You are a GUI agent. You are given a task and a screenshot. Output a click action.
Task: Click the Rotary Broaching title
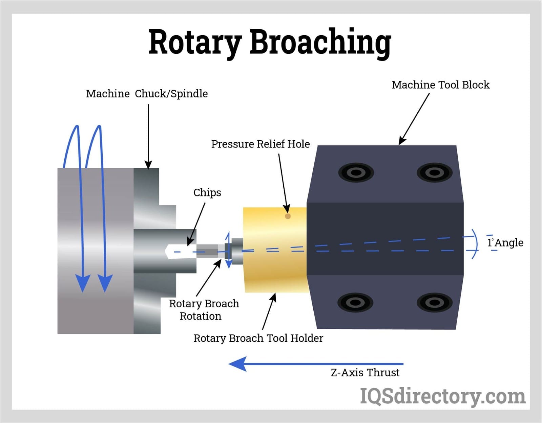(270, 42)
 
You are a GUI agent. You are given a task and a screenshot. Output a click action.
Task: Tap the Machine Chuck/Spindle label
(147, 94)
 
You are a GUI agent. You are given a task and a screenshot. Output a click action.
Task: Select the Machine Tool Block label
(440, 85)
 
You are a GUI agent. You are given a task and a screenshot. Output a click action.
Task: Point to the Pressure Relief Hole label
(260, 144)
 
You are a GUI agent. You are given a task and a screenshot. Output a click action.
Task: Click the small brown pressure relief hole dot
(288, 216)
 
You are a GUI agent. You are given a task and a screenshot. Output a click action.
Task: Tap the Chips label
(207, 192)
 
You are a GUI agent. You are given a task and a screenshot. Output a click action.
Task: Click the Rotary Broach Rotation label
(204, 310)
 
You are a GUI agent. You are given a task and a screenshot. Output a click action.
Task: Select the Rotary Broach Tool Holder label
(258, 338)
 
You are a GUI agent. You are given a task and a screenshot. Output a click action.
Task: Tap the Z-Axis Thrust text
(365, 373)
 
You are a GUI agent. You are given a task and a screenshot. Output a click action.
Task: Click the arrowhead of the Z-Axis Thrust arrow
(237, 364)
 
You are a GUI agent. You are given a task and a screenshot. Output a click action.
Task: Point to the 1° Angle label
(505, 243)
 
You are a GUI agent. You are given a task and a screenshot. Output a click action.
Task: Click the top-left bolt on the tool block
(356, 172)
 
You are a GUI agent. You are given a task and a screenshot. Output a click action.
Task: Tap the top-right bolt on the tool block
(434, 172)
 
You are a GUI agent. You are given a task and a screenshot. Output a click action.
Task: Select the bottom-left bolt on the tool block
(355, 302)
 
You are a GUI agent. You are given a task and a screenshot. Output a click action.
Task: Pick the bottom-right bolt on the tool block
(434, 302)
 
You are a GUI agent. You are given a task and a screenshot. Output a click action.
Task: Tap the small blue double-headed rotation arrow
(228, 250)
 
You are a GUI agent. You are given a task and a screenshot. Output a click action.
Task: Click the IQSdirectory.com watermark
(442, 396)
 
